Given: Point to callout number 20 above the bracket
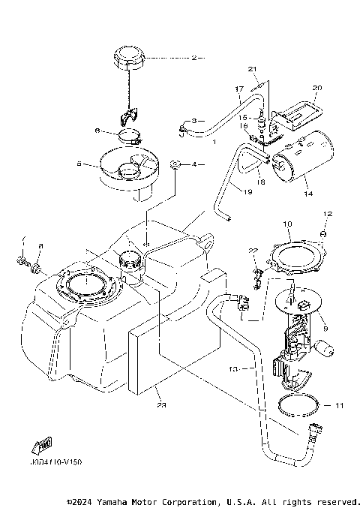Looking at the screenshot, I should coord(316,88).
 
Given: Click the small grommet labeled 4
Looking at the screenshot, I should coord(175,164).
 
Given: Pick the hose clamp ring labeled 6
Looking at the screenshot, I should coord(133,137).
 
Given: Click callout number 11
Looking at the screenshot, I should coord(339,406).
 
